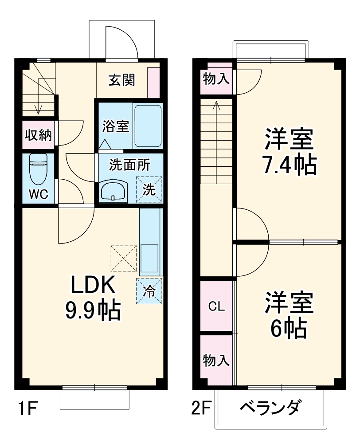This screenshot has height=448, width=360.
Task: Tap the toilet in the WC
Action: point(38,168)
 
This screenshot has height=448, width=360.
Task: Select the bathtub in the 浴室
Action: point(148,126)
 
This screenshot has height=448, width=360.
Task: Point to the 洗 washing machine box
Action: point(149,190)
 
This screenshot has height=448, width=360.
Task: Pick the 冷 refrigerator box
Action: point(149,291)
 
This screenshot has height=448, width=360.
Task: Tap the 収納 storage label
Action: point(38,135)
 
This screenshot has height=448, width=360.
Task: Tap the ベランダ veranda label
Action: point(271,407)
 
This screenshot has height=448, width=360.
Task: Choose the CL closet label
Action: point(217,306)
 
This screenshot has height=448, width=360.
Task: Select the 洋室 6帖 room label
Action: point(289,315)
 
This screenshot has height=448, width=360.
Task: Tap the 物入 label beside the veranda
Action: point(216,361)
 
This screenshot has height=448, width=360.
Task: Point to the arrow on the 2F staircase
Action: point(216,106)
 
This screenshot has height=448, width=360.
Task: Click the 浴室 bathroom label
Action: point(116,126)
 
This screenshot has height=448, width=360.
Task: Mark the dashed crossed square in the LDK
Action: point(124,258)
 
